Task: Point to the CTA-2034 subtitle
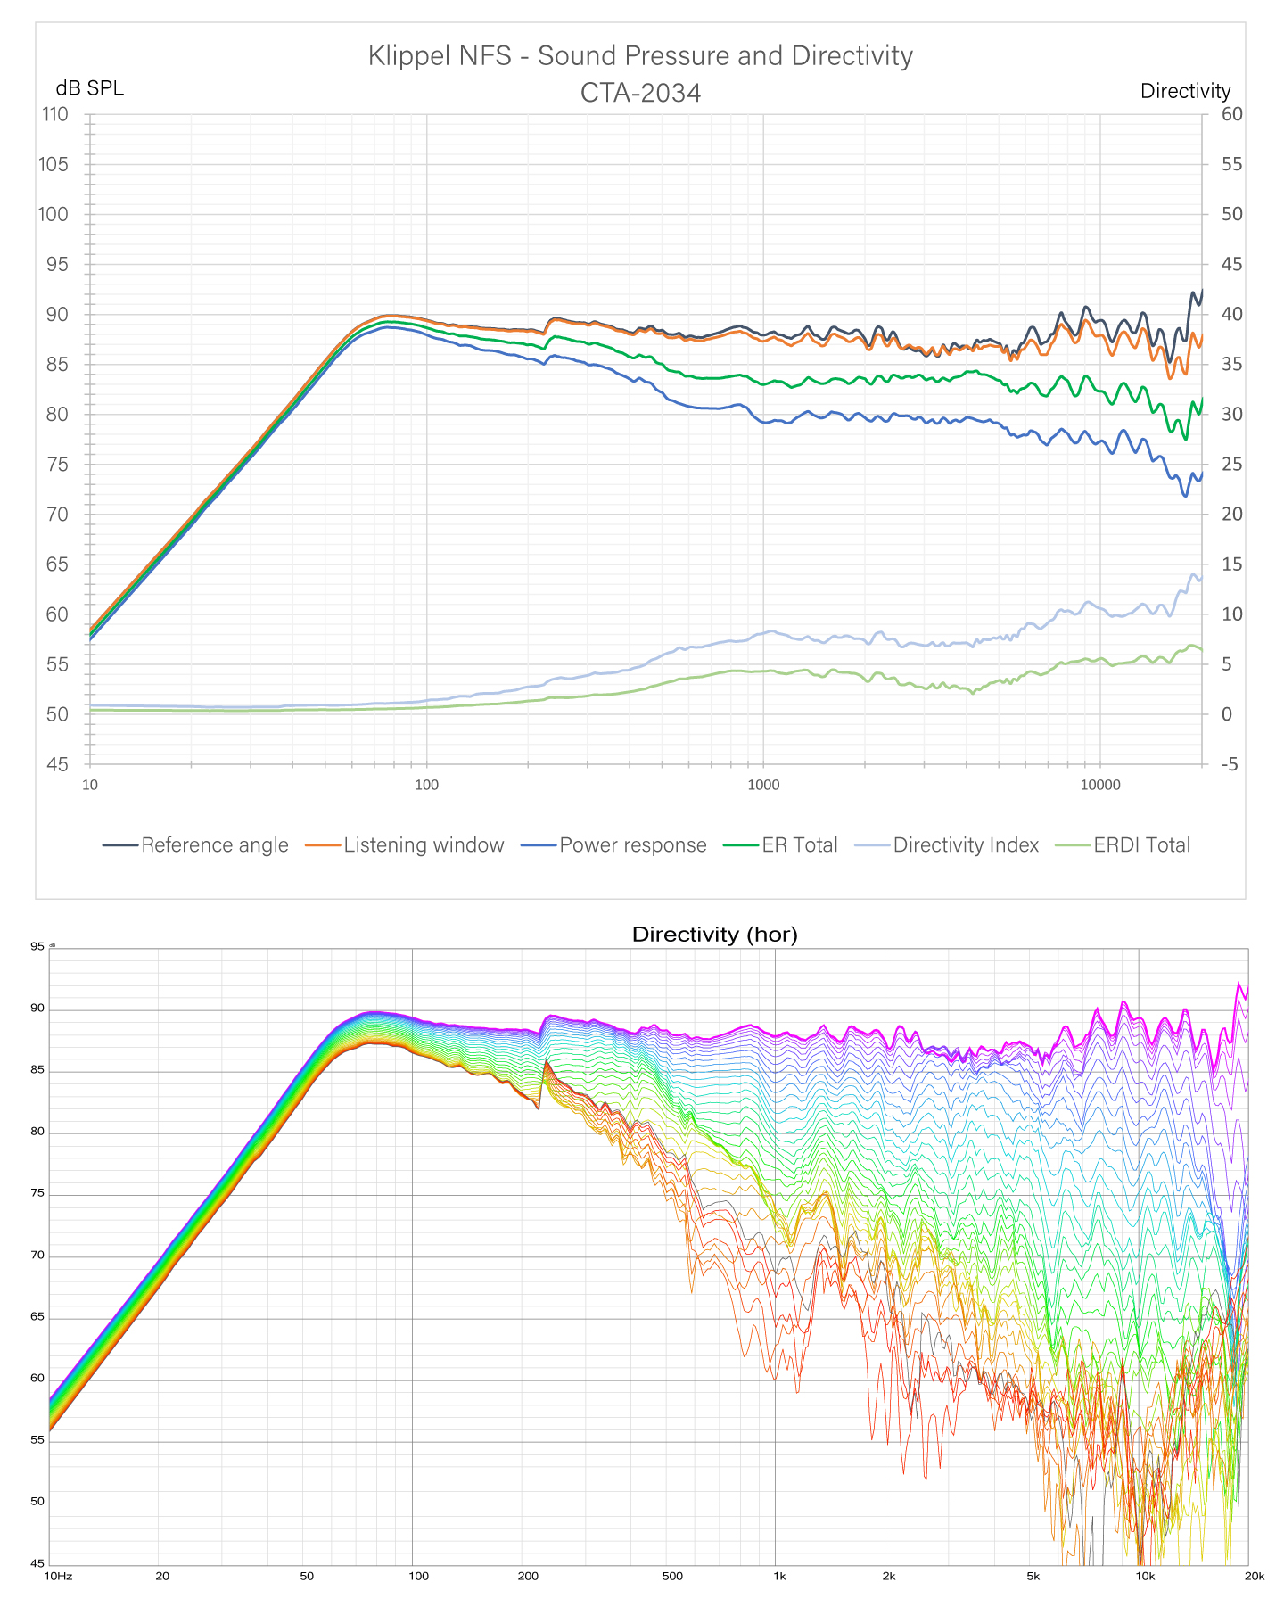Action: (640, 93)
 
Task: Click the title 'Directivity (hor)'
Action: (714, 935)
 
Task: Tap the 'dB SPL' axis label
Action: (89, 88)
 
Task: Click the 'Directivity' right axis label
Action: (1185, 91)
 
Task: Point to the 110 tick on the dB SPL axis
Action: (53, 114)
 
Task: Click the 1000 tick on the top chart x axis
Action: (763, 785)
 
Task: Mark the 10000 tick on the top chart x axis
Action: (1099, 785)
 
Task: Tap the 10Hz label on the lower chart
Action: (58, 1576)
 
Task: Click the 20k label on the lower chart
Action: (1254, 1576)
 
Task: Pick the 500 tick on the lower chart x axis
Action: (672, 1576)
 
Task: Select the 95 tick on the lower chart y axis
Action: (37, 947)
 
